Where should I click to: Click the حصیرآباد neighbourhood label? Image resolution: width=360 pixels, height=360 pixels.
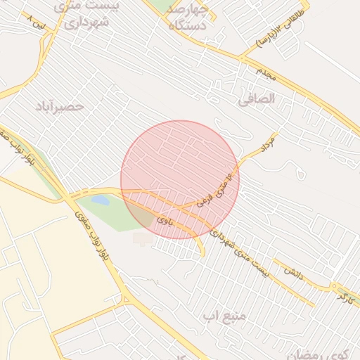60,106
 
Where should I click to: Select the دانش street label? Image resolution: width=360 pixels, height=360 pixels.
292,271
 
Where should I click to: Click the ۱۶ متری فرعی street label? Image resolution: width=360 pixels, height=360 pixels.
214,188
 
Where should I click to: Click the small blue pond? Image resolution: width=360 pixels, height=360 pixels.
101,200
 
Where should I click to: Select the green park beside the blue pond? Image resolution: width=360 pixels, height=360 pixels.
112,214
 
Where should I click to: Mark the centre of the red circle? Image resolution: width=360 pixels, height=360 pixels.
180,179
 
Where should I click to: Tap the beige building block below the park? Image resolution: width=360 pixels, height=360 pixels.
143,238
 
